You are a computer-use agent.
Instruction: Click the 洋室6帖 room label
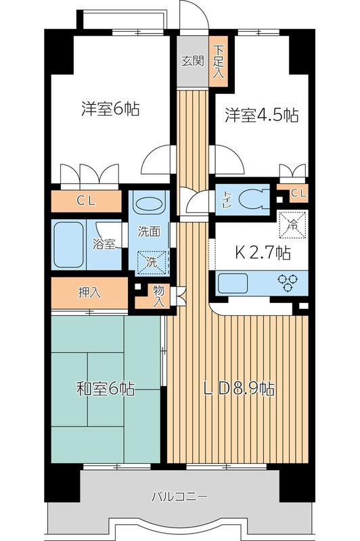110,108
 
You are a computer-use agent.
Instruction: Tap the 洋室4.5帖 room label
261,116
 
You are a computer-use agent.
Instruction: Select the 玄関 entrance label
192,60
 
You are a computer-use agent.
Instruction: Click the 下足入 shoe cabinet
218,60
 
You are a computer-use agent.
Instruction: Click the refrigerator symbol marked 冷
293,224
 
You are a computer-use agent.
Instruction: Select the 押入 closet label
89,292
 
